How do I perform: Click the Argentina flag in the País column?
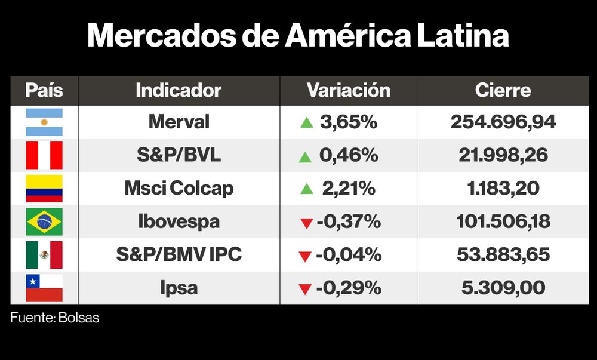pyautogui.click(x=44, y=122)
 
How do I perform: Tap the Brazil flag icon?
pyautogui.click(x=44, y=222)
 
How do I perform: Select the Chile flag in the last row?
pyautogui.click(x=44, y=288)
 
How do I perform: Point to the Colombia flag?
pyautogui.click(x=44, y=189)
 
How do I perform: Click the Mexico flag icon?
pyautogui.click(x=44, y=255)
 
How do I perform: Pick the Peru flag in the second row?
pyautogui.click(x=44, y=156)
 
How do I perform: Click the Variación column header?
pyautogui.click(x=349, y=90)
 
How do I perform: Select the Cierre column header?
pyautogui.click(x=503, y=90)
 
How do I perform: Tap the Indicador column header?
pyautogui.click(x=179, y=90)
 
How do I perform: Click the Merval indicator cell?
pyautogui.click(x=179, y=122)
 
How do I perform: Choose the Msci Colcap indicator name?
pyautogui.click(x=179, y=189)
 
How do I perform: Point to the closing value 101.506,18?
pyautogui.click(x=503, y=222)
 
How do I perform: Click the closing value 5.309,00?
pyautogui.click(x=503, y=288)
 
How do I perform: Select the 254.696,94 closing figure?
pyautogui.click(x=503, y=122)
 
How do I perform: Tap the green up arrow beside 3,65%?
pyautogui.click(x=307, y=123)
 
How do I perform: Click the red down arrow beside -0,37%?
pyautogui.click(x=307, y=223)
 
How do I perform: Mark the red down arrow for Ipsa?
pyautogui.click(x=305, y=290)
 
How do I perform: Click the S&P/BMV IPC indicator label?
pyautogui.click(x=179, y=255)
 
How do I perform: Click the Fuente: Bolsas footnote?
pyautogui.click(x=54, y=318)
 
